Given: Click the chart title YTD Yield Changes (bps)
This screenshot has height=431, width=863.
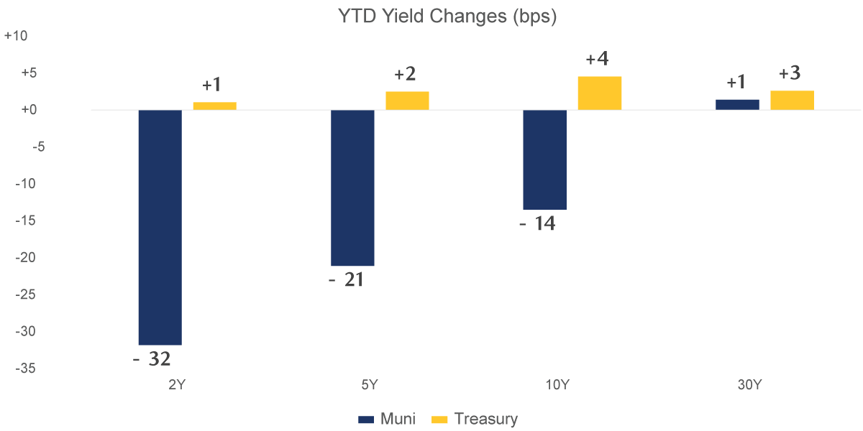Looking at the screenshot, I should click(447, 17).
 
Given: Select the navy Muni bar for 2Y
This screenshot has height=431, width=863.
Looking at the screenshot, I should click(160, 227).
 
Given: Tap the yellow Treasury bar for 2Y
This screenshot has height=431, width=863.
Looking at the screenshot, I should click(214, 106).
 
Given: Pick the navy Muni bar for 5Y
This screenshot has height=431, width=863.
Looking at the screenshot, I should click(352, 187).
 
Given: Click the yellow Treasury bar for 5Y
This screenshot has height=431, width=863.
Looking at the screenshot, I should click(407, 101).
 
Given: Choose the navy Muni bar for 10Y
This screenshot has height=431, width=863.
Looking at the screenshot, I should click(544, 159).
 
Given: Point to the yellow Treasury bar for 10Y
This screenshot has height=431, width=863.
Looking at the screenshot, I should click(599, 93).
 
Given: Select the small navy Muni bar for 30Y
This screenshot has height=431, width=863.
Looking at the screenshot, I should click(737, 104).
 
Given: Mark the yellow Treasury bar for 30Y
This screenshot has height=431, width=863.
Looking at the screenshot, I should click(792, 100).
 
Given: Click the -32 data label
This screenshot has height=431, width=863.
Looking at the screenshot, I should click(152, 358).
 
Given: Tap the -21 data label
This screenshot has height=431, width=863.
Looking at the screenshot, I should click(346, 279).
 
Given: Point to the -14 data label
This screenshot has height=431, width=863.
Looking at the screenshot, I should click(538, 223).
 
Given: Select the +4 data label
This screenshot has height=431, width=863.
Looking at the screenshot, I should click(598, 59).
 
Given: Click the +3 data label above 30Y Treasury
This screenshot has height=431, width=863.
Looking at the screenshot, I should click(790, 73).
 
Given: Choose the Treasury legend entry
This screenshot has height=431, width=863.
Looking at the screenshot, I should click(475, 419).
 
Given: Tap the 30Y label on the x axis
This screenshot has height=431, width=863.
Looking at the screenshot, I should click(749, 385).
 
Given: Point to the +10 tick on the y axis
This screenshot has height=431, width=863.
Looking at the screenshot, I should click(15, 36).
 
